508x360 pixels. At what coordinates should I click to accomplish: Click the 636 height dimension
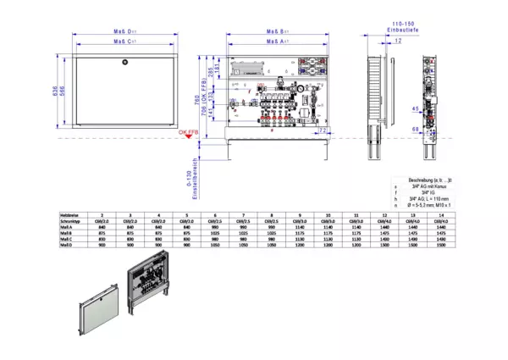(x=55, y=91)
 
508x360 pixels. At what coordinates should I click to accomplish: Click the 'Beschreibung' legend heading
(x=432, y=180)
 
